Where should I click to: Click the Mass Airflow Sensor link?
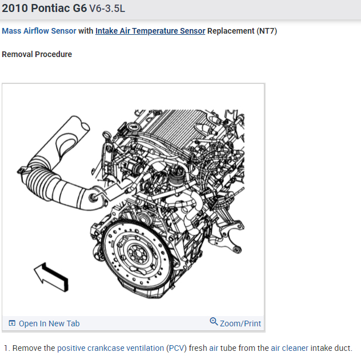point(39,31)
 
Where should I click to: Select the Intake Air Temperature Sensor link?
point(150,31)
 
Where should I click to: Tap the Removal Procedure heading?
point(37,54)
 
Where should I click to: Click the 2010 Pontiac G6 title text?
point(45,10)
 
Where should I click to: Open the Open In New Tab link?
point(49,323)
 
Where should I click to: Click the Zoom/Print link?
point(240,323)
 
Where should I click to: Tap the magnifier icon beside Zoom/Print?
point(214,322)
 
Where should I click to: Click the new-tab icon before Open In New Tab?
point(12,323)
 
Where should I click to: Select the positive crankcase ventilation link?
point(110,348)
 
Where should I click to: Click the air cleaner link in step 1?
point(289,348)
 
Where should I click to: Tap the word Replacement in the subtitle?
point(230,31)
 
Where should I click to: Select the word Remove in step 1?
point(27,348)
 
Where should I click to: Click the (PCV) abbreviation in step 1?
point(177,348)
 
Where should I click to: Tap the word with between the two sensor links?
point(86,31)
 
